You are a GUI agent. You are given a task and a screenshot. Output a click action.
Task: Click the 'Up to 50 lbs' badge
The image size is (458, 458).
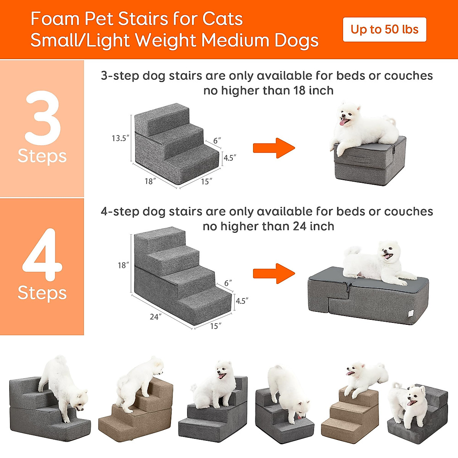384,29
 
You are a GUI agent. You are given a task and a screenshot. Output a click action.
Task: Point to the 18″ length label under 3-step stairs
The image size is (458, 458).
150,181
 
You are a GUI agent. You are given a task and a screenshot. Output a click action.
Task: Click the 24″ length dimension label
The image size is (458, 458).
155,317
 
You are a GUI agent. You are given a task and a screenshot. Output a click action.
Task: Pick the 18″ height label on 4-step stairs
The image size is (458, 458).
123,265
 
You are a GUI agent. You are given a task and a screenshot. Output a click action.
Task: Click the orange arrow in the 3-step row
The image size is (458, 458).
274,148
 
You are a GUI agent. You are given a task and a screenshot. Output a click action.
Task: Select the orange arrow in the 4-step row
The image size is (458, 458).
274,273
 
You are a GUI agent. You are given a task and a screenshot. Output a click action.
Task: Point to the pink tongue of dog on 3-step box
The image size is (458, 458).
344,122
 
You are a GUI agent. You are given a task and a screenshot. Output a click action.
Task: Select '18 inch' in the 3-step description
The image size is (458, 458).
313,90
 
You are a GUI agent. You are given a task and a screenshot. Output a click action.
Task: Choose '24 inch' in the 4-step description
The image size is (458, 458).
313,226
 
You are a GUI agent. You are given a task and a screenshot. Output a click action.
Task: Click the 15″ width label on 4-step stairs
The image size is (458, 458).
216,326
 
